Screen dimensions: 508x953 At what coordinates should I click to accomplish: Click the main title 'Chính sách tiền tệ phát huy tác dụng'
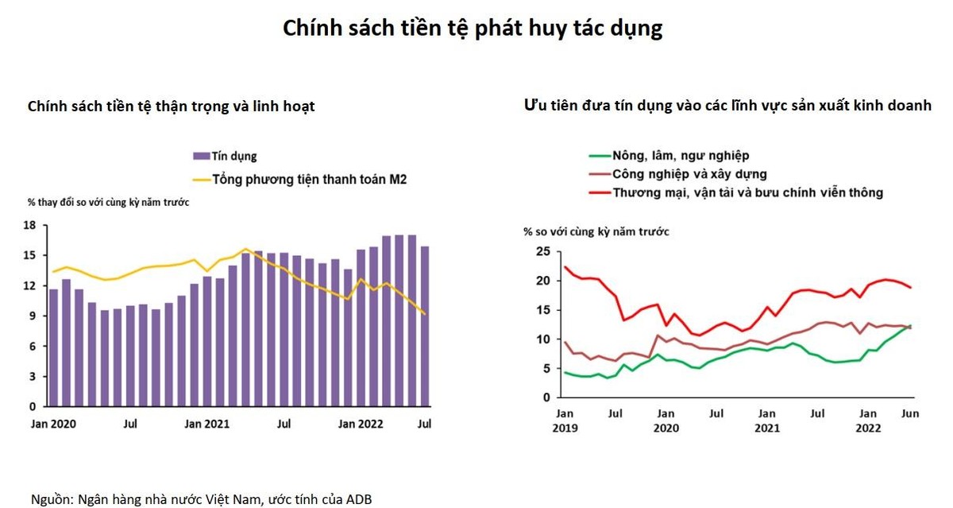point(473,29)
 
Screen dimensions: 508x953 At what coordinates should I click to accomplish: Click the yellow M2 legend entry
point(310,179)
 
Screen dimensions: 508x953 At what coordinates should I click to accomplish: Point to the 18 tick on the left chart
point(29,226)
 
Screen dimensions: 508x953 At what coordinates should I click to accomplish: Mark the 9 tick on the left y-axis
point(33,316)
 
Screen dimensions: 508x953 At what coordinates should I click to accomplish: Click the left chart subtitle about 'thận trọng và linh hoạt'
point(171,106)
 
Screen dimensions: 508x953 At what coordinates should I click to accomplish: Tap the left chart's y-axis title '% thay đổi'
point(108,202)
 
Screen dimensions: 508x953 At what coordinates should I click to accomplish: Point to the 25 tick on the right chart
point(542,252)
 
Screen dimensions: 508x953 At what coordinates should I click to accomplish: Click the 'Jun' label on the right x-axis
point(910,414)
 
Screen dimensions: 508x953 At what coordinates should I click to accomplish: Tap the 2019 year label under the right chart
point(565,428)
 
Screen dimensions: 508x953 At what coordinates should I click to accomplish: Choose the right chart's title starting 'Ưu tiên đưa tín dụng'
point(727,106)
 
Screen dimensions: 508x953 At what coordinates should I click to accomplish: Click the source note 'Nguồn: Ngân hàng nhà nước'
point(201,499)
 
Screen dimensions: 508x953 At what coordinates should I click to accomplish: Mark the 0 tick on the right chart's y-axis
point(546,397)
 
